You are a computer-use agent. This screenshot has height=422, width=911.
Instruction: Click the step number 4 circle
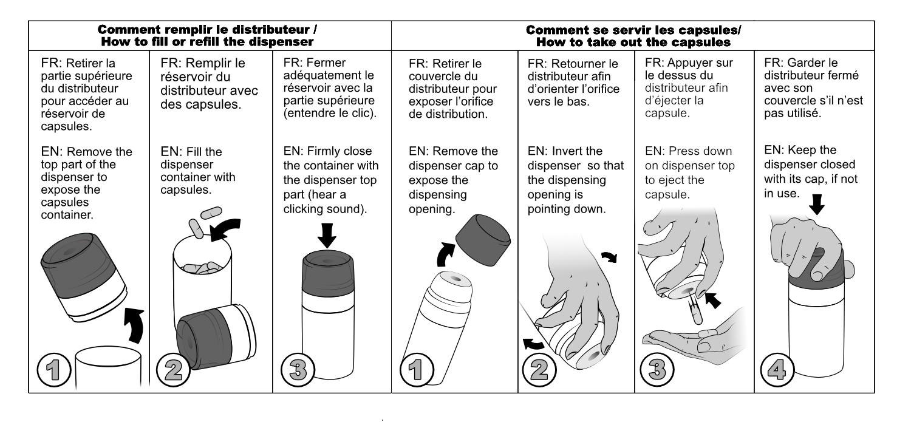[777, 370]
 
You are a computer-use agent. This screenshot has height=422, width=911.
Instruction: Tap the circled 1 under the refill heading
[54, 370]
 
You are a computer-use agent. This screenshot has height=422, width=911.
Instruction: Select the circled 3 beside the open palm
[657, 369]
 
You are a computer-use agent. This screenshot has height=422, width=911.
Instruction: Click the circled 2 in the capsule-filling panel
[173, 370]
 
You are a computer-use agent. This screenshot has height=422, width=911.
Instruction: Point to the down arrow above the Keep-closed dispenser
[816, 204]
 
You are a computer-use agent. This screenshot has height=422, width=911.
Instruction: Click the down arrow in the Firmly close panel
[327, 235]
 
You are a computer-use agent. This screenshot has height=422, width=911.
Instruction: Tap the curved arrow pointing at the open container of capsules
[225, 229]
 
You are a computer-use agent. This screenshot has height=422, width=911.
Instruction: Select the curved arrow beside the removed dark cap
[446, 254]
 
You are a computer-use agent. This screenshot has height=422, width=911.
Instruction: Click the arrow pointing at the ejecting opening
[712, 300]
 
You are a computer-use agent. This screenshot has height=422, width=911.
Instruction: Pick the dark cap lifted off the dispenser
[483, 240]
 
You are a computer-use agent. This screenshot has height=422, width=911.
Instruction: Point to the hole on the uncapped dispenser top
[455, 279]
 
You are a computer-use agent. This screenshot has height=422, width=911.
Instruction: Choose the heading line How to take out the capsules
[633, 43]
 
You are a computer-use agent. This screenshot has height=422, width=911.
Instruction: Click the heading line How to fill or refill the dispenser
[208, 42]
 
